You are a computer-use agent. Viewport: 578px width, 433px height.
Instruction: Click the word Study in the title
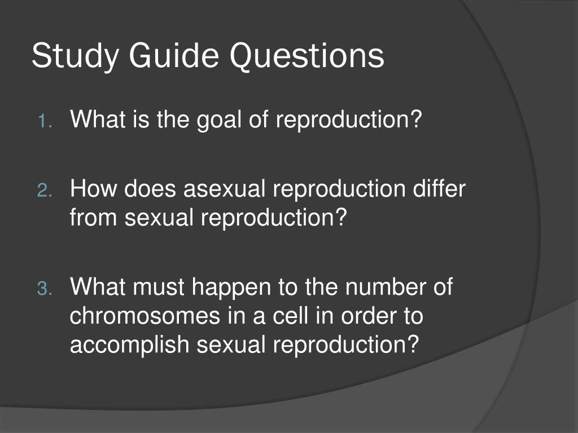coord(75,56)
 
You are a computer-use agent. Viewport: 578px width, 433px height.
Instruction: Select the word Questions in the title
coord(307,55)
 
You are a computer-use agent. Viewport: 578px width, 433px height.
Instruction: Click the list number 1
coord(45,122)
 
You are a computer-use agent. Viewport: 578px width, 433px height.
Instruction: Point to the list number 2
coord(45,191)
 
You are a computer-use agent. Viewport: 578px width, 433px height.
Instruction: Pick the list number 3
coord(45,288)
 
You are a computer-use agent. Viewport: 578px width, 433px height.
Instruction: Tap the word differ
coord(439,188)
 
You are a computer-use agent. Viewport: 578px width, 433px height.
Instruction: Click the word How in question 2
coord(94,188)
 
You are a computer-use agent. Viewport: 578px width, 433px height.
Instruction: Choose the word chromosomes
coord(145,316)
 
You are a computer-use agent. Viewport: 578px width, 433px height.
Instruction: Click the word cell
coord(290,316)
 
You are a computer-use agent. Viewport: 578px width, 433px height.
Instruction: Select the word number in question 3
coord(386,286)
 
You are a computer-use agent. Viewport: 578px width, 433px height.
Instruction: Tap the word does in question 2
coord(150,188)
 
